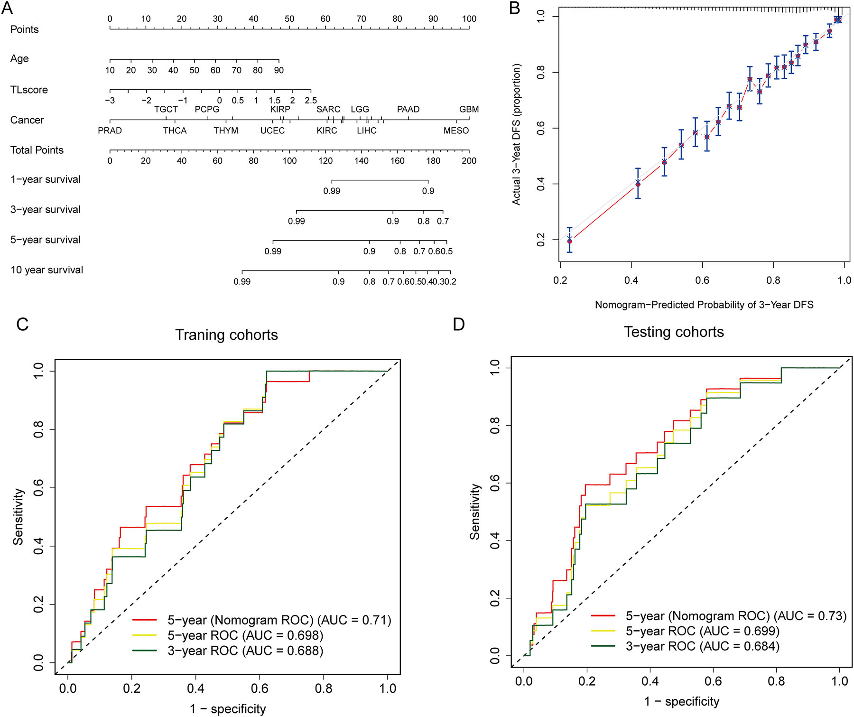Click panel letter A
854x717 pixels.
(7, 8)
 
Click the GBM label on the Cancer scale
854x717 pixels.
(469, 110)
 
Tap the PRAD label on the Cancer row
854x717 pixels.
(110, 130)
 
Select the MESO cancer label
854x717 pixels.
(456, 130)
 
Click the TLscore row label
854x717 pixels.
(29, 90)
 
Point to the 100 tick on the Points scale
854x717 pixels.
(469, 19)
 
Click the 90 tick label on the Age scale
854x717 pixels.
(279, 70)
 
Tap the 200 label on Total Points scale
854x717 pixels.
(469, 161)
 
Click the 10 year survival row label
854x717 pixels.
(46, 270)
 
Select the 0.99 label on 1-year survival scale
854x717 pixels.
(332, 191)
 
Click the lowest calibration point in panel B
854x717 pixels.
(569, 241)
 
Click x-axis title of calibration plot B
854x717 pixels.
(704, 305)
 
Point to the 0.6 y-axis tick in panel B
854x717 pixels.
(541, 128)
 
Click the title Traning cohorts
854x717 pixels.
(226, 335)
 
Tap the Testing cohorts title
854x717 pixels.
(674, 332)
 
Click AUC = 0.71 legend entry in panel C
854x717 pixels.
(279, 620)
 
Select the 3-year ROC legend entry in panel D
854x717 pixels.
(702, 646)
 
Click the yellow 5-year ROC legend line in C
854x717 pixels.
(145, 635)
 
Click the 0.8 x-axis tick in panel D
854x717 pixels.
(776, 681)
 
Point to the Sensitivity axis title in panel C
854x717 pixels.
(18, 517)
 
